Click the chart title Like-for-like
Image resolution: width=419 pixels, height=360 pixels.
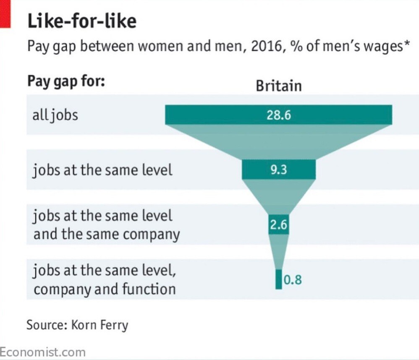click(82, 21)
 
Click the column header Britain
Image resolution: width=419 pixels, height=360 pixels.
click(278, 86)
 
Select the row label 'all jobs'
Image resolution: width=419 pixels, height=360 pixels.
click(55, 115)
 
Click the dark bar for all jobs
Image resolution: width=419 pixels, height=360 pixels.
click(210, 115)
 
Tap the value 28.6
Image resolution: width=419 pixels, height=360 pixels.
click(278, 115)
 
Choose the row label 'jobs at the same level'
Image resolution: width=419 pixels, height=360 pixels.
click(102, 170)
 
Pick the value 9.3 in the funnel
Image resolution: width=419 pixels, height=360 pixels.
click(278, 170)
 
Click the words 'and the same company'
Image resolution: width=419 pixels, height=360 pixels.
click(106, 234)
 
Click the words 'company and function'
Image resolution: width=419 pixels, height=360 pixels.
click(104, 289)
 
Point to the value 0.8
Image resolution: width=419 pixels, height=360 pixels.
click(292, 279)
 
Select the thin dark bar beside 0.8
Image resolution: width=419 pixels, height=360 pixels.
click(278, 279)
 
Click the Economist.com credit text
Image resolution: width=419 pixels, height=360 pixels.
click(42, 352)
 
